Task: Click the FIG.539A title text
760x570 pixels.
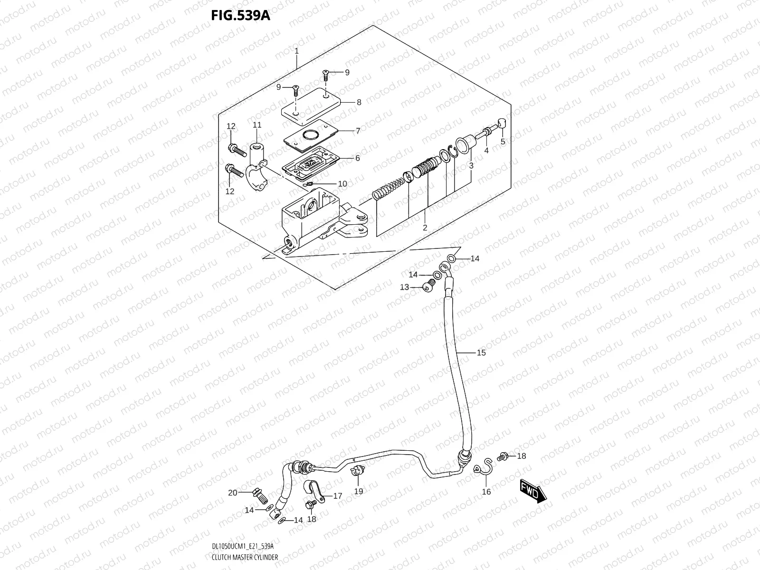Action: [x=240, y=15]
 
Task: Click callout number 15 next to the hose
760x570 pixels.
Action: [x=481, y=352]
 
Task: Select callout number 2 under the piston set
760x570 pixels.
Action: [x=425, y=228]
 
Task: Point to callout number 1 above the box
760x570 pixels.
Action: [x=296, y=50]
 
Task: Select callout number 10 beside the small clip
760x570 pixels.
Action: [x=342, y=184]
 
